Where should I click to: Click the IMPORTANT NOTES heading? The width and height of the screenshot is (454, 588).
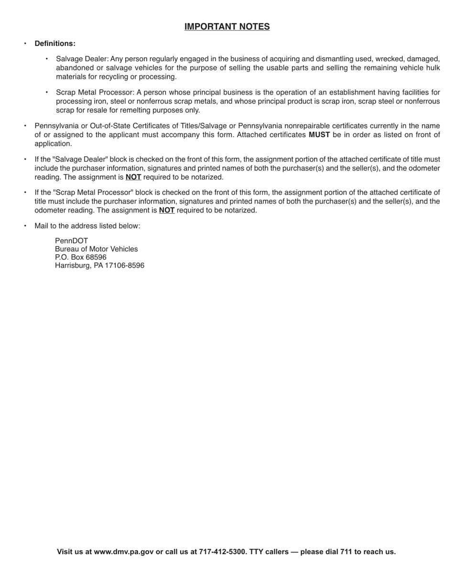(227, 27)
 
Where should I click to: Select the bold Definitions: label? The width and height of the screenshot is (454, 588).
(55, 44)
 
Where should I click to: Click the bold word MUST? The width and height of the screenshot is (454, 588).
(319, 135)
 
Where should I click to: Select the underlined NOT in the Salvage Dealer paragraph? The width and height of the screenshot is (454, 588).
(133, 177)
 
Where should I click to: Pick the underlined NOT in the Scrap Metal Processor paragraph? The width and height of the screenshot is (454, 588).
(167, 210)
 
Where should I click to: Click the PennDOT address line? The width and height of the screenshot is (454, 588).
(72, 241)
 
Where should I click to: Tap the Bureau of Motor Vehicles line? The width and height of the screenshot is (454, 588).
(97, 249)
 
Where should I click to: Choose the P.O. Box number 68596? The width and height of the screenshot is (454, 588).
(96, 257)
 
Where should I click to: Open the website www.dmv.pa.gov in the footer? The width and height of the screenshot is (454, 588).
(124, 552)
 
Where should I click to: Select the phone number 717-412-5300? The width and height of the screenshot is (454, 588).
(222, 552)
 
